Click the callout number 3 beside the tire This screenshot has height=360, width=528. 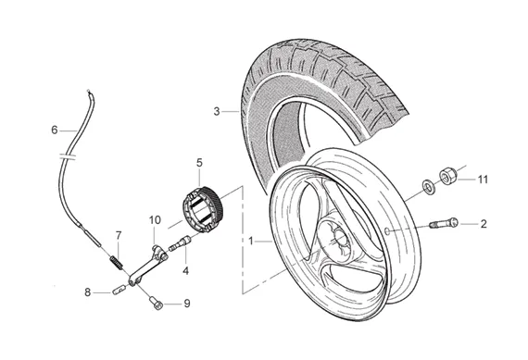217,111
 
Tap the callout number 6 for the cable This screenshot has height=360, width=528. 55,130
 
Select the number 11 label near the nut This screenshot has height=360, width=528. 483,180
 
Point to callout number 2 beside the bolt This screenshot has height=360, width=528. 484,224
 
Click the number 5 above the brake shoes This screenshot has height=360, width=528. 199,163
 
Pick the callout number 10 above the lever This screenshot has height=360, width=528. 155,220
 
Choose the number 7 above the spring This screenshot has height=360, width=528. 119,236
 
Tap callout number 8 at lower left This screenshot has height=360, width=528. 88,292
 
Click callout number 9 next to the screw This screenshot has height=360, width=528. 187,304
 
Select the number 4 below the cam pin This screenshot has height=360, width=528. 185,271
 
